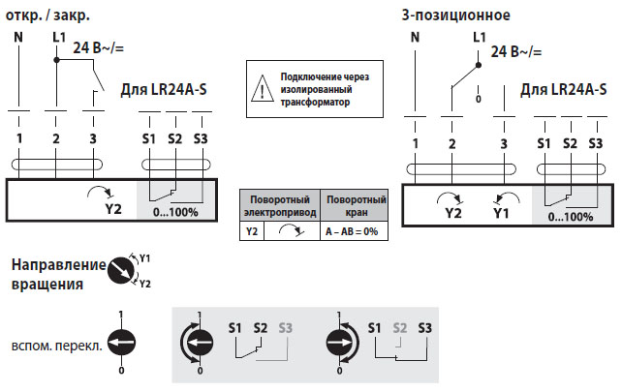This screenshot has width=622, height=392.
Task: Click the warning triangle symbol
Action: (263, 89)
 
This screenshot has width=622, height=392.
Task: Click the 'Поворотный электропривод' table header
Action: (281, 204)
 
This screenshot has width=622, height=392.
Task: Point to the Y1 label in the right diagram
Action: (500, 212)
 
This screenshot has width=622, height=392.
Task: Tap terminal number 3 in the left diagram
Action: (92, 139)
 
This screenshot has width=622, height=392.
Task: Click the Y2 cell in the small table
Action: (252, 232)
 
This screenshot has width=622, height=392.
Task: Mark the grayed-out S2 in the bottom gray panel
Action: (399, 326)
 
